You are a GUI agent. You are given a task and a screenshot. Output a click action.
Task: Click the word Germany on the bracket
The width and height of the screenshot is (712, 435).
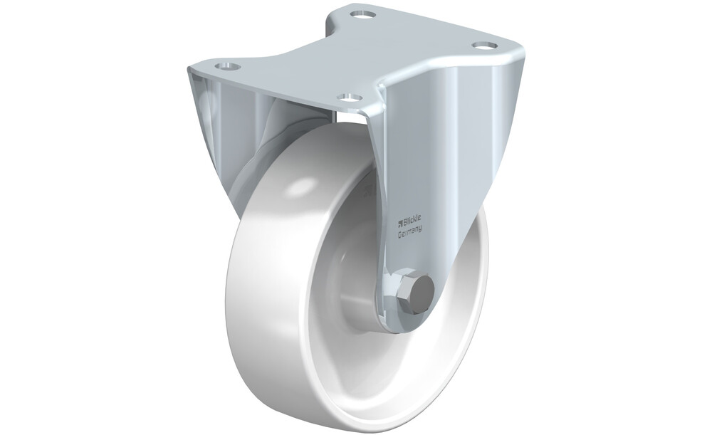point(409,232)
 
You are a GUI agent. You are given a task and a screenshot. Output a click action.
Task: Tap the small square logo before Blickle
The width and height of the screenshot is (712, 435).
point(400,222)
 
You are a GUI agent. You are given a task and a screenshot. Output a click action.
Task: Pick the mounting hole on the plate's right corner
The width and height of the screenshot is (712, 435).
point(483,45)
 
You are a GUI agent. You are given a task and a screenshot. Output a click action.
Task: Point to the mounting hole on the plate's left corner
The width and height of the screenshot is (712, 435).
point(228,66)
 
